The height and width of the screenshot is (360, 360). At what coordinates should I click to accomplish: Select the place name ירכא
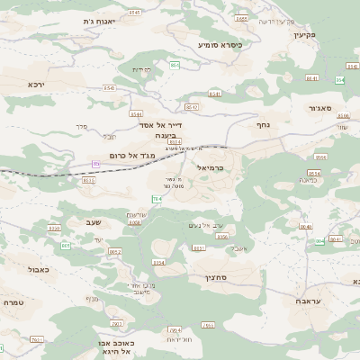point(36,84)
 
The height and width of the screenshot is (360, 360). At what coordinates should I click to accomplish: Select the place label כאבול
point(39,268)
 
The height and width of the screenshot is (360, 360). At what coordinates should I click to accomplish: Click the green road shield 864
point(174,65)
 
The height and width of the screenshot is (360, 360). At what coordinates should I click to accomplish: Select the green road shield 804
point(319,241)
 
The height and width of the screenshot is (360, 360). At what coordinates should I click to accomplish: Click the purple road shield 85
point(96,163)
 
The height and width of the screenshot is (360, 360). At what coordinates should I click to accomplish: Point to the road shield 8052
point(114,252)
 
